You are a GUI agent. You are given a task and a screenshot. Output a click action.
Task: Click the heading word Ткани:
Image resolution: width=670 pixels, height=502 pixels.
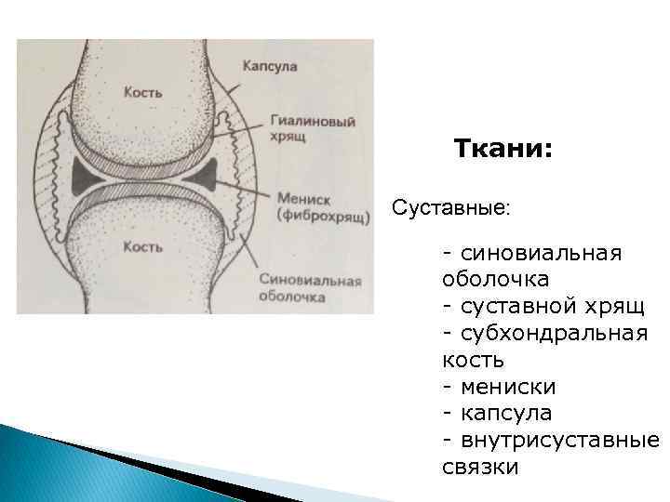point(502,150)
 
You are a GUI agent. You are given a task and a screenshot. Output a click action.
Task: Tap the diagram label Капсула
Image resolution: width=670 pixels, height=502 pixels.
point(270,67)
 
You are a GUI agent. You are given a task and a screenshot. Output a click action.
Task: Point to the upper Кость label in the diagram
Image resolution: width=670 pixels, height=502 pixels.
point(143,93)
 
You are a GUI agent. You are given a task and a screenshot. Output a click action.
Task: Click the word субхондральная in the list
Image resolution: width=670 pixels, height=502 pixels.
point(549,332)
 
